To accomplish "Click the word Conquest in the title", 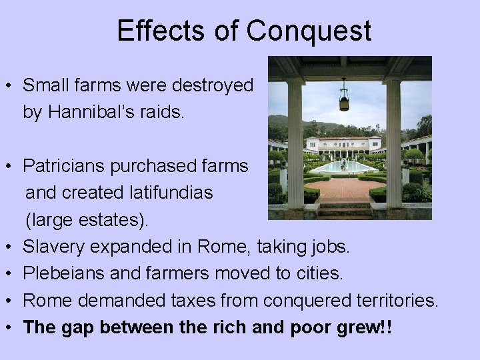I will [x=310, y=31].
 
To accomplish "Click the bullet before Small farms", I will [x=9, y=86].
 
